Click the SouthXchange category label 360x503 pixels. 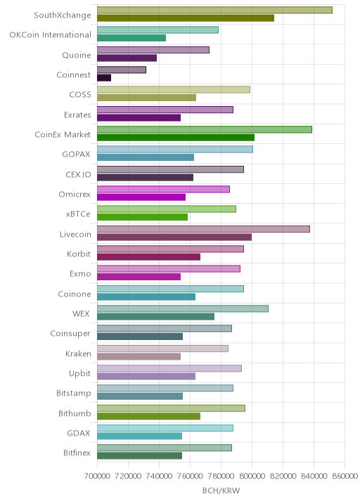[x=63, y=15]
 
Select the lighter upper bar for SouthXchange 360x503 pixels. [x=214, y=10]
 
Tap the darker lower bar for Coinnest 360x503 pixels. [x=104, y=78]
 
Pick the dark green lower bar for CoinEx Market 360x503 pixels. [x=176, y=138]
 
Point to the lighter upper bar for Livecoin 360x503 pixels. [x=203, y=229]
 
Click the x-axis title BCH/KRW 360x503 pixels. [x=221, y=490]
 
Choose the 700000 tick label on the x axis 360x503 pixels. [x=97, y=476]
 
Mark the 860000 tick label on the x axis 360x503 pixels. [x=345, y=476]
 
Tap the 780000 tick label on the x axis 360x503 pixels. [x=221, y=476]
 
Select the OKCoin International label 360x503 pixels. [x=51, y=34]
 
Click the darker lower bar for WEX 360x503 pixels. [x=156, y=317]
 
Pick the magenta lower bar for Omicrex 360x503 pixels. [x=141, y=197]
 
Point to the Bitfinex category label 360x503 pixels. [x=77, y=452]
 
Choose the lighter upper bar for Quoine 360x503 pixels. [x=153, y=50]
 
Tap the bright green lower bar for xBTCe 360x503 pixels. [x=142, y=217]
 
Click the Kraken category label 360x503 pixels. [x=78, y=353]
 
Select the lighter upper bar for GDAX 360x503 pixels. [x=165, y=429]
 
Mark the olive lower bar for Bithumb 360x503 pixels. [x=148, y=416]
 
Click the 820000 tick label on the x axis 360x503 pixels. [x=283, y=476]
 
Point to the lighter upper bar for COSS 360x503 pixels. [x=174, y=89]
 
